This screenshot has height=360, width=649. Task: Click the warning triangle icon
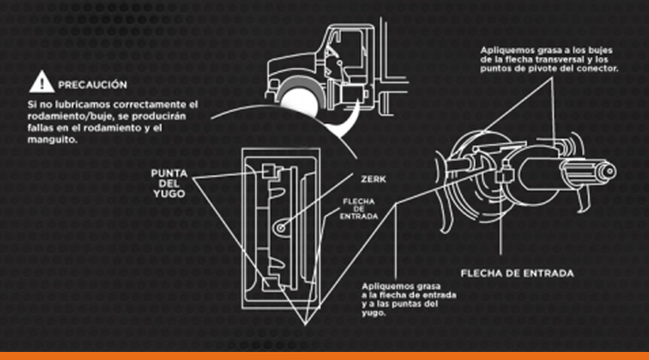(x=41, y=82)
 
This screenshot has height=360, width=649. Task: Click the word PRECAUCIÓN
(x=92, y=85)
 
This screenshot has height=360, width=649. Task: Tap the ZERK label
(x=374, y=180)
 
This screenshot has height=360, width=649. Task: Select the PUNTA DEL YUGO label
(x=169, y=183)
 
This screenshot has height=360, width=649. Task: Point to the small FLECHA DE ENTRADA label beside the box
(x=359, y=209)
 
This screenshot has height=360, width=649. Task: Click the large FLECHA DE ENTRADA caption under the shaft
(x=518, y=273)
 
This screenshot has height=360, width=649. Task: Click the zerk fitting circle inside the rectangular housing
(x=281, y=228)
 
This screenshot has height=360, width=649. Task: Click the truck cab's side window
(x=350, y=50)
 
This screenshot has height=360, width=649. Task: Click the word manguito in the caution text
(x=52, y=139)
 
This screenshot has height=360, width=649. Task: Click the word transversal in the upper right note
(x=561, y=59)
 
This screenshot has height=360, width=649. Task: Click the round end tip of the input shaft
(x=609, y=171)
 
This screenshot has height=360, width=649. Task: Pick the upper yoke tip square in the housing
(x=267, y=171)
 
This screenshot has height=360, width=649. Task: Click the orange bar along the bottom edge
(x=324, y=355)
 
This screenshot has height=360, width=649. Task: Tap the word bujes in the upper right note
(x=600, y=50)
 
